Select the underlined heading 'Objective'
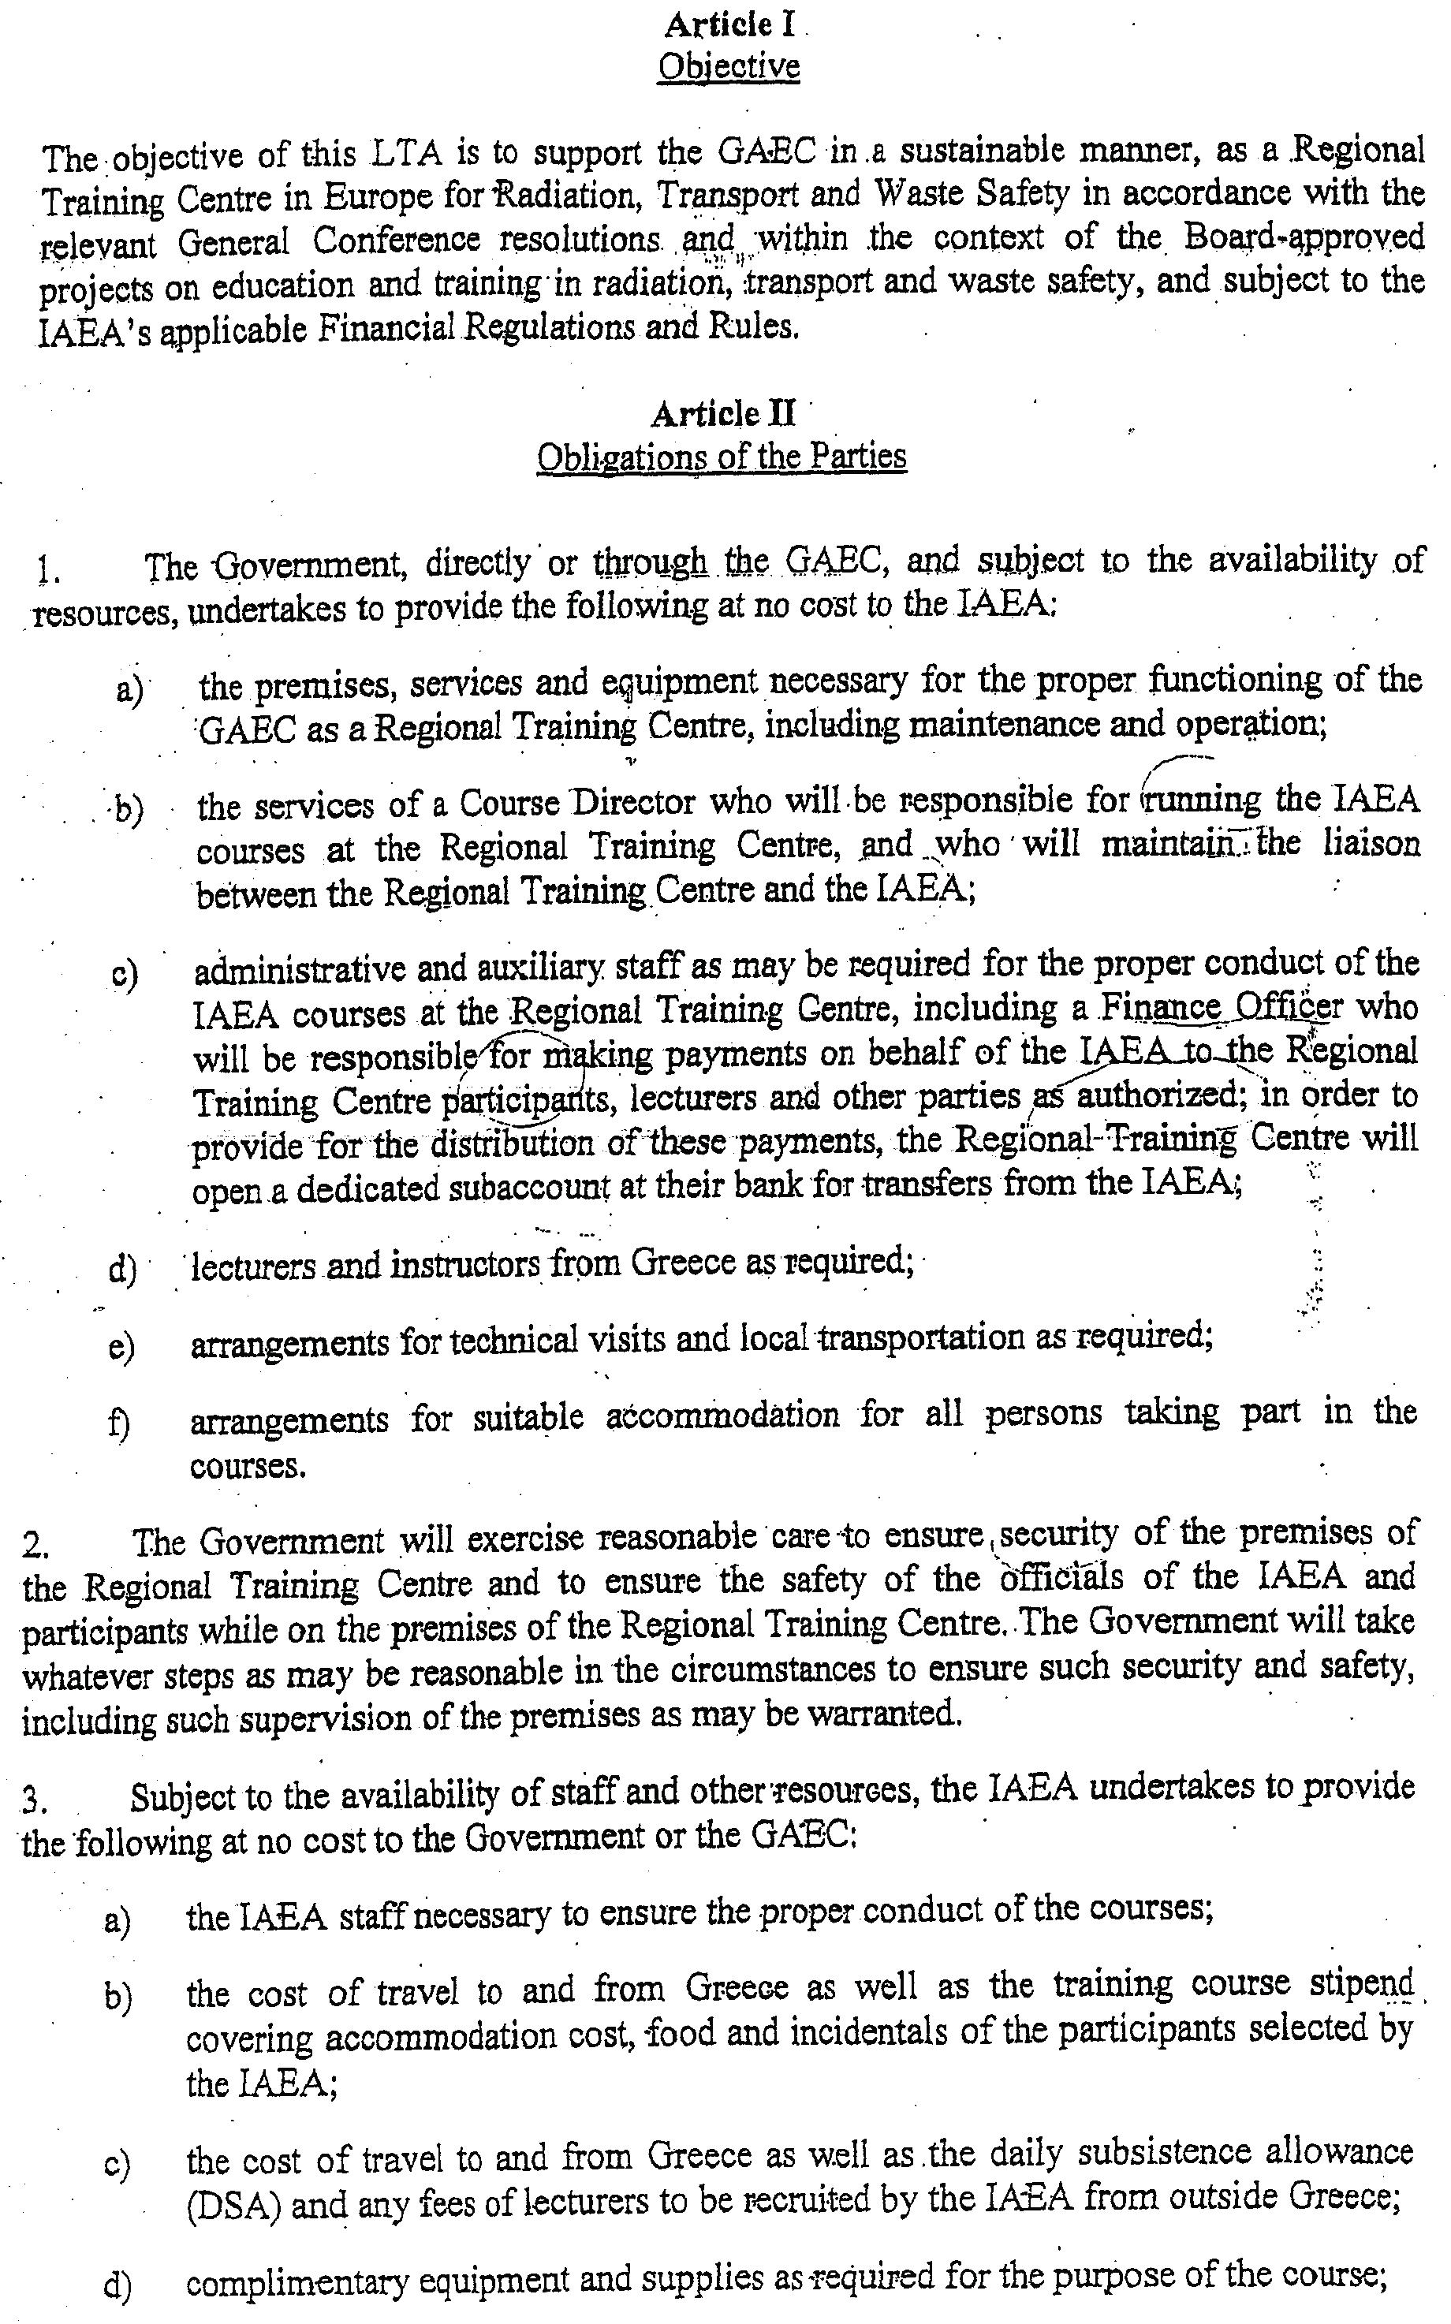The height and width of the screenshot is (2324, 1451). coord(729,67)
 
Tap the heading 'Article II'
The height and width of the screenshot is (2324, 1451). coord(722,413)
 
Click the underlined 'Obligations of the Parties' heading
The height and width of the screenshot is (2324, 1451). coord(722,456)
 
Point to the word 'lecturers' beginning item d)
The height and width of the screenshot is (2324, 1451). coord(253,1266)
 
